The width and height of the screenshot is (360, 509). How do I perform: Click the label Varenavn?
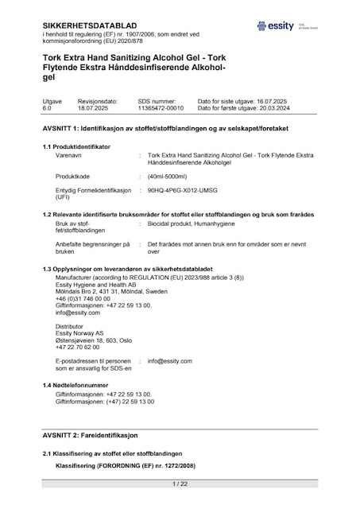tap(69, 157)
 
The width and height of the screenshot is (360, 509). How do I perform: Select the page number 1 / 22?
tap(180, 484)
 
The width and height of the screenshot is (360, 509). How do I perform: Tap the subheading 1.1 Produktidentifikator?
tap(76, 146)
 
